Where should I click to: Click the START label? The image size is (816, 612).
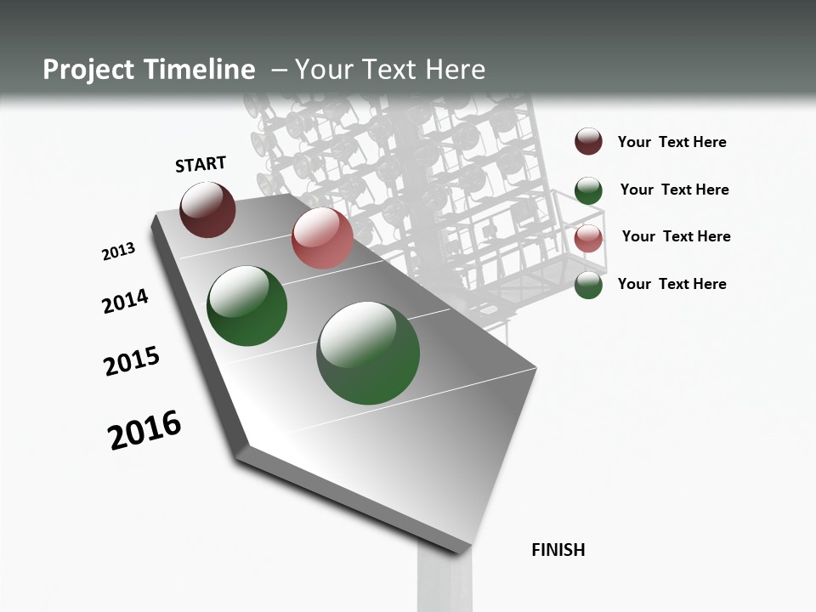201,163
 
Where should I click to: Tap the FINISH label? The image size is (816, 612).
558,550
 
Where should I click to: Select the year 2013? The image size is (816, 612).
119,252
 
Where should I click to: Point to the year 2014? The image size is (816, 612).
126,301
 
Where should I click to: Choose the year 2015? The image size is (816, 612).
132,360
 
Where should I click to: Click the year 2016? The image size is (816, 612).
144,430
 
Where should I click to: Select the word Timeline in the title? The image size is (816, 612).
200,70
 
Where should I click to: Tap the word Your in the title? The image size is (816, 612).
322,70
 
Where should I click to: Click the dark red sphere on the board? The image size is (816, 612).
207,209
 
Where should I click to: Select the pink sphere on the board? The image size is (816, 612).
322,238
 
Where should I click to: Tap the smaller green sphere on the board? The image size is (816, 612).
247,306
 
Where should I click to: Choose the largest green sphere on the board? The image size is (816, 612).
368,353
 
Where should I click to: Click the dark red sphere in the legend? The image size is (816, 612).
588,141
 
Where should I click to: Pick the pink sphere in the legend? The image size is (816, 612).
588,238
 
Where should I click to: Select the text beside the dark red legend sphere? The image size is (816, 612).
671,142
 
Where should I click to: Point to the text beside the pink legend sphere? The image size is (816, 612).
676,236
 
